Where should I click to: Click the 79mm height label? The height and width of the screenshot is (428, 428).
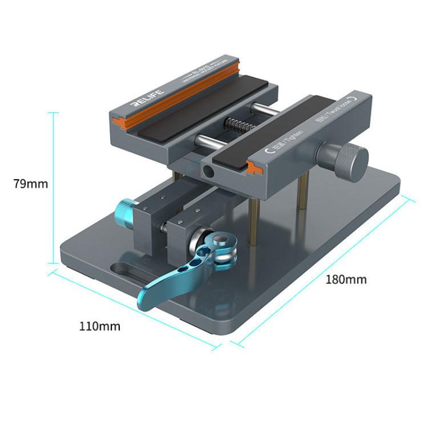31,184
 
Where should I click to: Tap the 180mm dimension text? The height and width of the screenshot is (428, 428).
346,280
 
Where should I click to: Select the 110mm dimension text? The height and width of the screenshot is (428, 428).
100,326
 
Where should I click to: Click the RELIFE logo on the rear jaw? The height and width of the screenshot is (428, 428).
147,98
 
